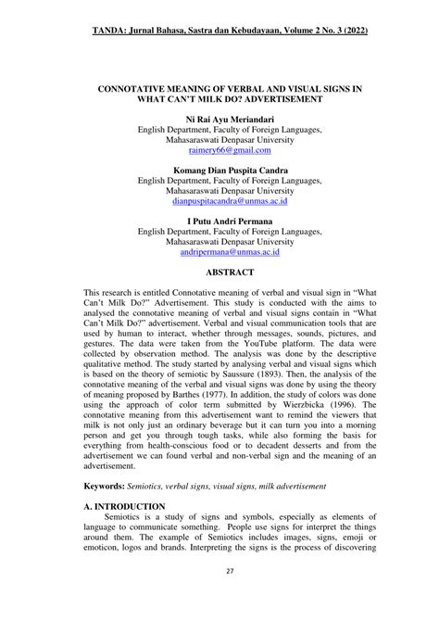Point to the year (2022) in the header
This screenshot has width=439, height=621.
[x=352, y=32]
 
